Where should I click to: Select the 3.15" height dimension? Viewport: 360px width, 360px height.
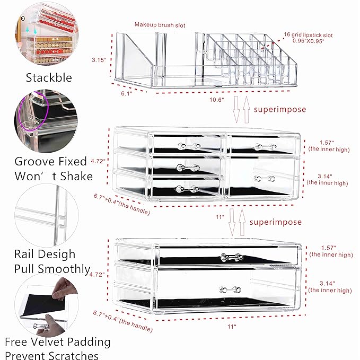99,60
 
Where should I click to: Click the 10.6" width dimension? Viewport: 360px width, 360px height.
216,99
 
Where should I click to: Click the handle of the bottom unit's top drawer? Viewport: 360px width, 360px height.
229,258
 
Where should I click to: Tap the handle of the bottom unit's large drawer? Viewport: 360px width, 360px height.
227,289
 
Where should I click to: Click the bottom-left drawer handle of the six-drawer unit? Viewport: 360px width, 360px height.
187,189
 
